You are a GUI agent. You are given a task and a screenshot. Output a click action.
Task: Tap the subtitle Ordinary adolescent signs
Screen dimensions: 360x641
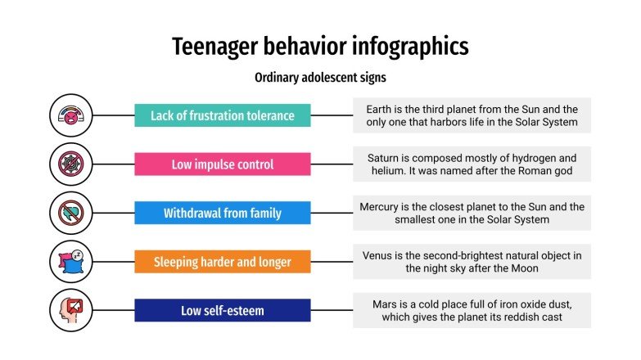pyautogui.click(x=320, y=79)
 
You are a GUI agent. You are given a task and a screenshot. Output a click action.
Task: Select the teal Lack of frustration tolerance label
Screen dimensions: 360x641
pyautogui.click(x=222, y=115)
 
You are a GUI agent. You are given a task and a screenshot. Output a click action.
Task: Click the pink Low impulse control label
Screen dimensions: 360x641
pyautogui.click(x=222, y=164)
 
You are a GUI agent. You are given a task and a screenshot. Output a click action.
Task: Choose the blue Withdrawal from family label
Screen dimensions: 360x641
pyautogui.click(x=222, y=214)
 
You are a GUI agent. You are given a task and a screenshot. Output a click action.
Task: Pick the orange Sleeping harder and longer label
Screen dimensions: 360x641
pyautogui.click(x=222, y=262)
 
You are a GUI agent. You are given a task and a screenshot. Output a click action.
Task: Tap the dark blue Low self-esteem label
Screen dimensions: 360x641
pyautogui.click(x=222, y=311)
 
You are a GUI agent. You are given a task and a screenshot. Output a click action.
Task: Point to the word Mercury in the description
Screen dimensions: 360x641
pyautogui.click(x=381, y=207)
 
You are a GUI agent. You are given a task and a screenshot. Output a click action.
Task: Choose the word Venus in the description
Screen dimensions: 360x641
pyautogui.click(x=379, y=255)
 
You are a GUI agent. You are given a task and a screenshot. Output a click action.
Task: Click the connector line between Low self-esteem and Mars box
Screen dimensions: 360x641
pyautogui.click(x=332, y=311)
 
